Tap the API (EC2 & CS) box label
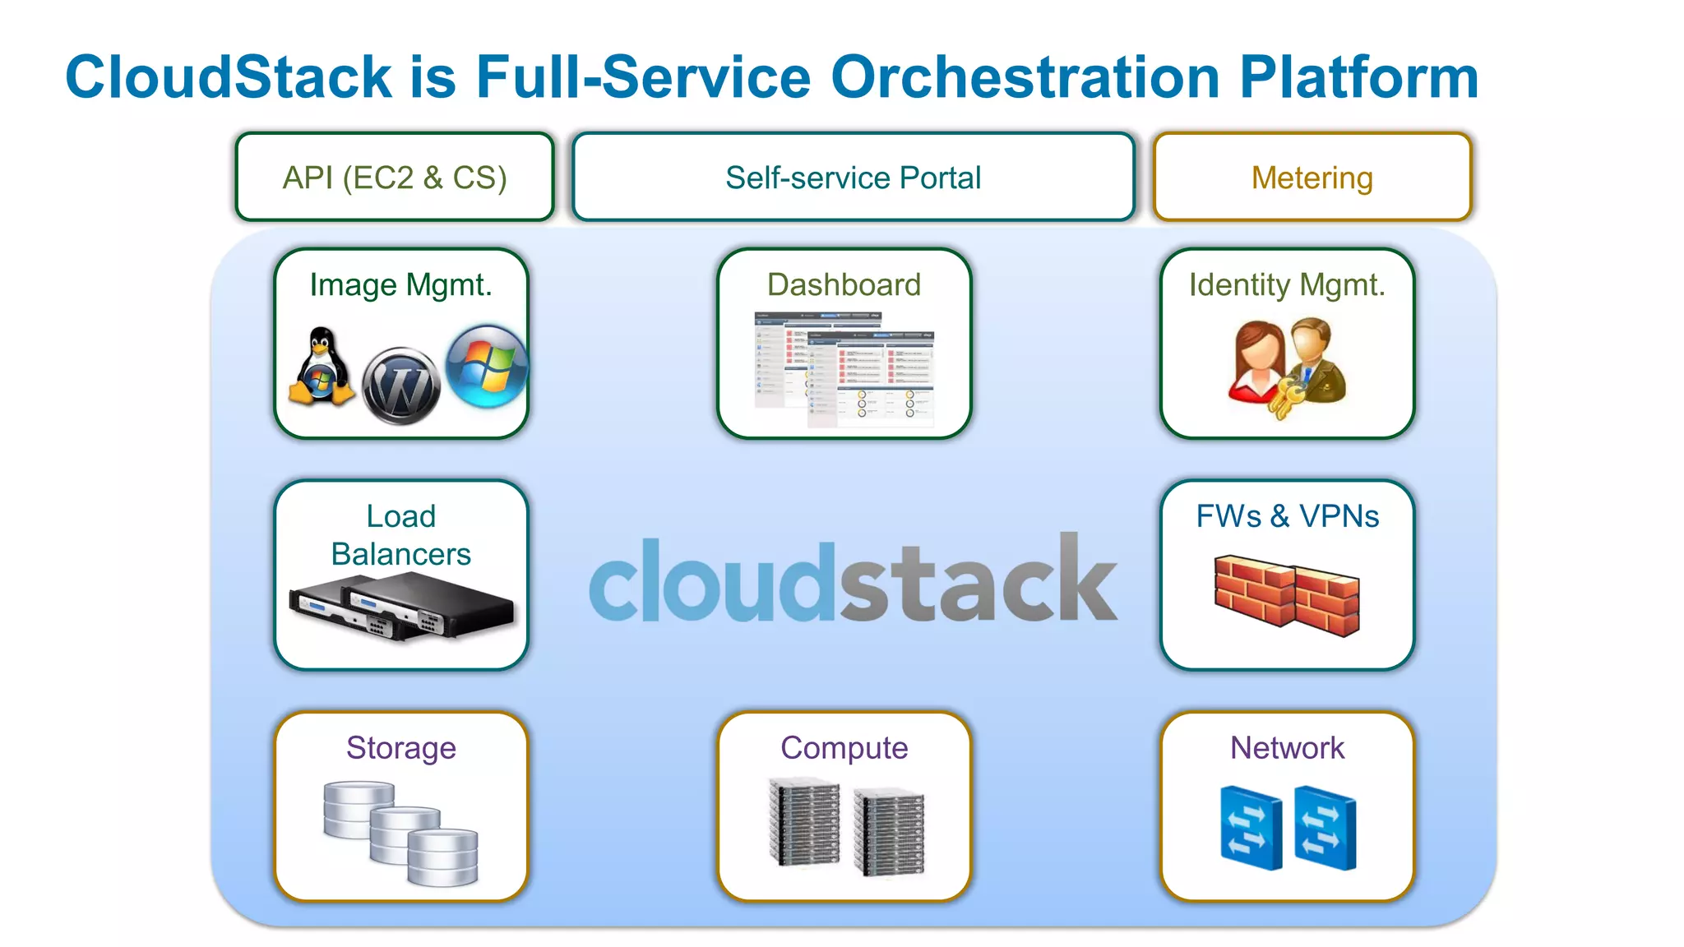[x=395, y=178]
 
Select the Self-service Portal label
[x=853, y=178]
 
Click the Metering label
[x=1312, y=178]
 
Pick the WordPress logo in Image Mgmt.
[x=401, y=385]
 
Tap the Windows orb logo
[x=486, y=366]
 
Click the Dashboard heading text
[x=844, y=284]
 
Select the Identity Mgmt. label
[x=1287, y=284]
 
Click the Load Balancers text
[x=400, y=535]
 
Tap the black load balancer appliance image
[x=401, y=607]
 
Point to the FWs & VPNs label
[x=1287, y=516]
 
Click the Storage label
[x=400, y=748]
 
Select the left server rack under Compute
[x=804, y=821]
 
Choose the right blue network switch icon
[x=1325, y=827]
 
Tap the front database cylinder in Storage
[x=442, y=857]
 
